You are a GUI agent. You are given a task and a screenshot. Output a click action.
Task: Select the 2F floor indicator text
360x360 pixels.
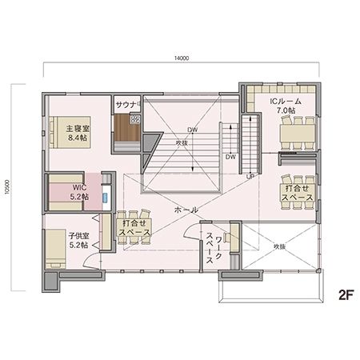pyautogui.click(x=345, y=293)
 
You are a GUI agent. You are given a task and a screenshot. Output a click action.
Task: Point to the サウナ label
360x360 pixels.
pyautogui.click(x=126, y=105)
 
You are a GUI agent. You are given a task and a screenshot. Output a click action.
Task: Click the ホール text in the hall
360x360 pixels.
pyautogui.click(x=186, y=210)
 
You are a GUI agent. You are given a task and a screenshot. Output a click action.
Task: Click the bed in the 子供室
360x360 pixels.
pyautogui.click(x=54, y=246)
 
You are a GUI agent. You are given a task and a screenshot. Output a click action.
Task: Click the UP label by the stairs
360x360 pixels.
pyautogui.click(x=250, y=174)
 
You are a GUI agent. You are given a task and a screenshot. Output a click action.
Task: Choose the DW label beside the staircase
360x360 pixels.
pyautogui.click(x=229, y=157)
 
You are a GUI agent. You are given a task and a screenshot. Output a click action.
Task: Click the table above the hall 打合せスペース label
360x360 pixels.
pyautogui.click(x=130, y=216)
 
